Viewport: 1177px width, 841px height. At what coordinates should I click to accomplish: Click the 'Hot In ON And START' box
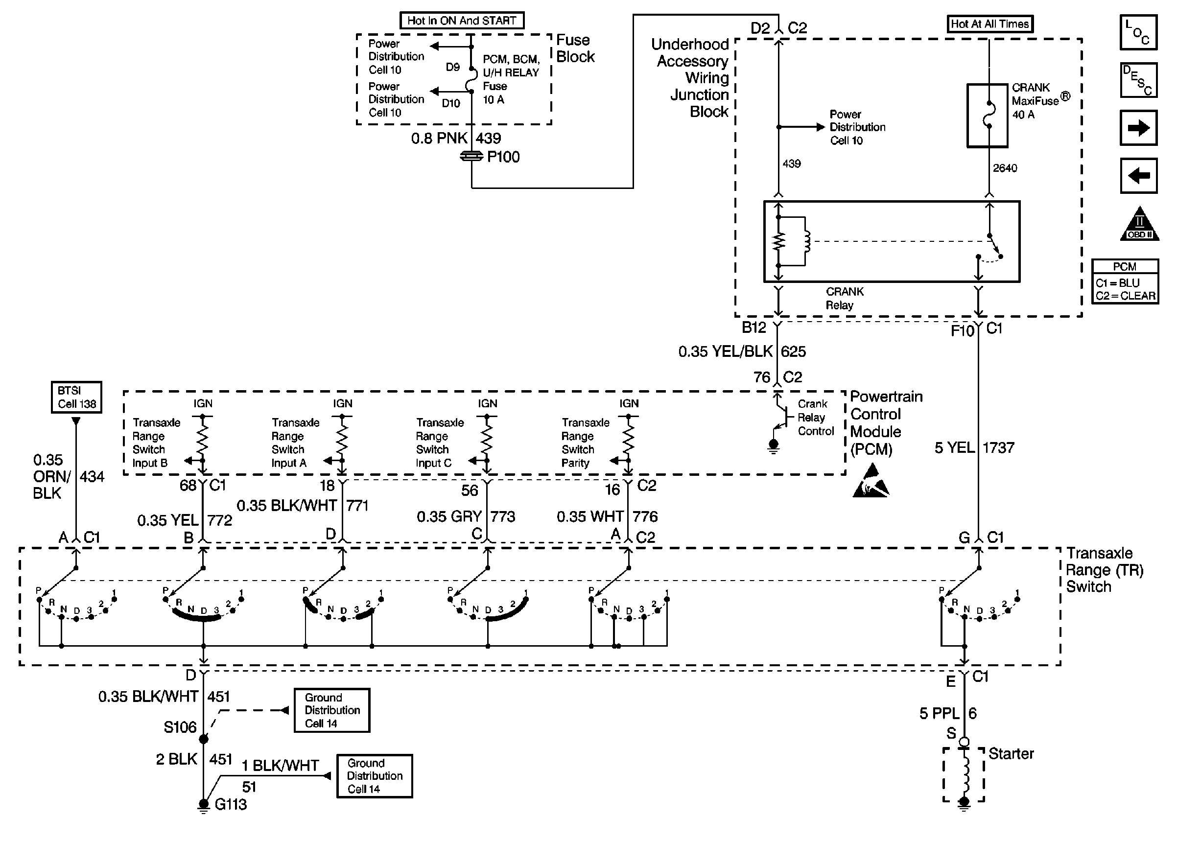[x=461, y=21]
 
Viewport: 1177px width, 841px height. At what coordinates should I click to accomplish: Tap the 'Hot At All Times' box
[x=989, y=24]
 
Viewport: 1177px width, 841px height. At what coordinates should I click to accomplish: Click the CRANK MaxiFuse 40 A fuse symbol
[x=988, y=116]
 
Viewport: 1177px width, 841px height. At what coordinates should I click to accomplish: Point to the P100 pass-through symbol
[x=471, y=156]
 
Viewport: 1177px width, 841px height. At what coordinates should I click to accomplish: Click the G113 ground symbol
[x=204, y=805]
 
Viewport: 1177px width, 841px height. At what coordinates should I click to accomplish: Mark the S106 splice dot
[x=204, y=739]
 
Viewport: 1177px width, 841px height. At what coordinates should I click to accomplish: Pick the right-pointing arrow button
[x=1138, y=128]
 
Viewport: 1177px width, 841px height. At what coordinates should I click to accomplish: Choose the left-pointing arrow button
[x=1138, y=176]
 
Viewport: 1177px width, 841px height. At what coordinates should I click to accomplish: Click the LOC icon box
[x=1138, y=33]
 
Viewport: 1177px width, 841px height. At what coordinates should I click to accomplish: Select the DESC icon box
[x=1138, y=80]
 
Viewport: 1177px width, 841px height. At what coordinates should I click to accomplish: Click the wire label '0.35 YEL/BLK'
[x=725, y=351]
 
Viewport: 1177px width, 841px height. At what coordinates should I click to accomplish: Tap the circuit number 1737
[x=998, y=447]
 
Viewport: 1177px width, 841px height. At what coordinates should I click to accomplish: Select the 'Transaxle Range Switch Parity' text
[x=585, y=443]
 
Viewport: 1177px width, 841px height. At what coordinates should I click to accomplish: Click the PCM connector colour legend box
[x=1125, y=281]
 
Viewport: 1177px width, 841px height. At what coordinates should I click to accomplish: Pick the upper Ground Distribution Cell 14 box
[x=332, y=710]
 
